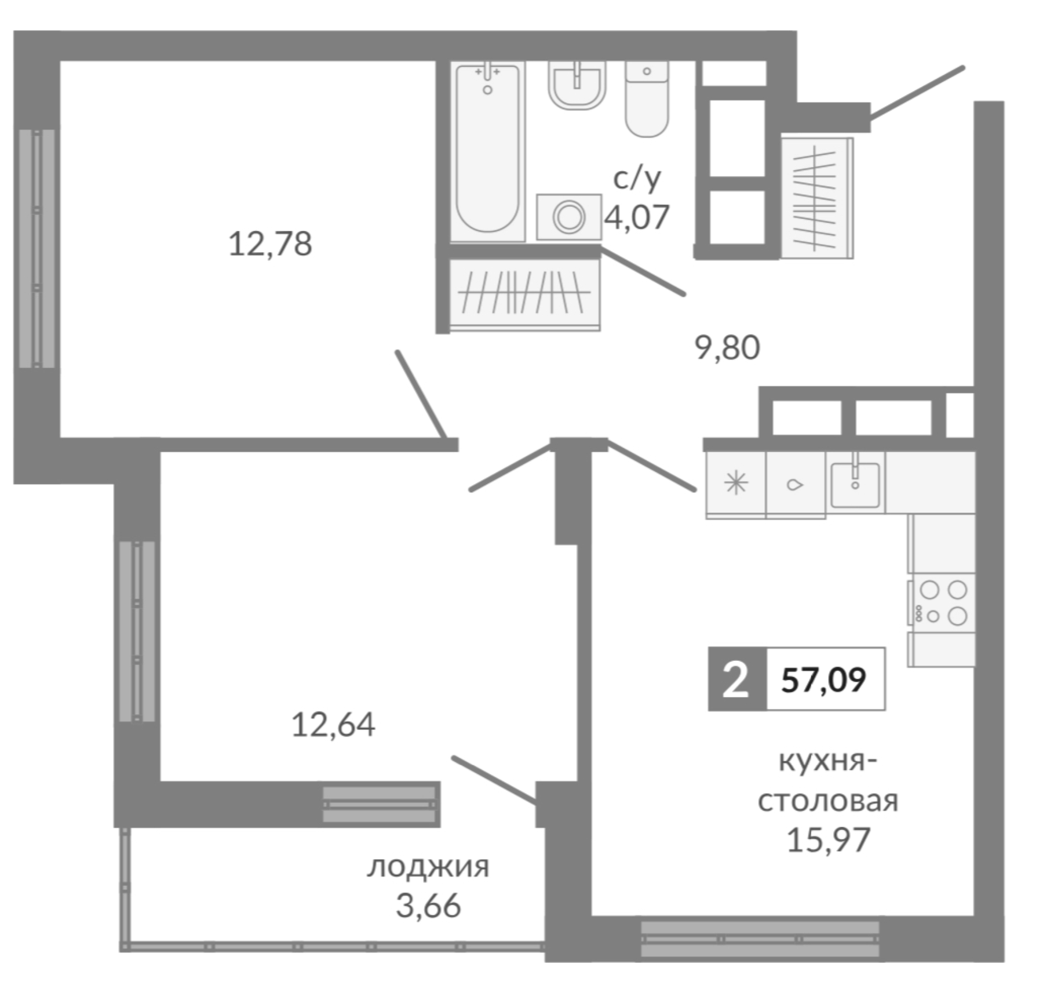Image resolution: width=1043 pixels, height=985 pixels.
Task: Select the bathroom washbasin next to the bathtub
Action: (577, 86)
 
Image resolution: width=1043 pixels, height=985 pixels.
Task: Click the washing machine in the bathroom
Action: (568, 217)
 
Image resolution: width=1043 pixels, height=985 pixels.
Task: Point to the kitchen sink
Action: (855, 482)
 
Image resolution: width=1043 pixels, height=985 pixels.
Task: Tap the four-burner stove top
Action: (942, 603)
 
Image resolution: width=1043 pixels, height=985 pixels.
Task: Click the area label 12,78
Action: (270, 243)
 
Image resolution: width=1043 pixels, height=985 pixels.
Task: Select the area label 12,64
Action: (333, 725)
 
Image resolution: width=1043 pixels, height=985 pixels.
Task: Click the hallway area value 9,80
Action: (727, 348)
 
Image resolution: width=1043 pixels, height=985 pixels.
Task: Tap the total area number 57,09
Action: (823, 679)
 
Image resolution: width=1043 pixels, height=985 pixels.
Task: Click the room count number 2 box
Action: (736, 679)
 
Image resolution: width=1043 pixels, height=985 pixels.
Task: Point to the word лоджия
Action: (428, 867)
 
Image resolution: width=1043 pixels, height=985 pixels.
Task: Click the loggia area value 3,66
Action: (428, 906)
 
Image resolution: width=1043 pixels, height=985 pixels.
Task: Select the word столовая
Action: (828, 801)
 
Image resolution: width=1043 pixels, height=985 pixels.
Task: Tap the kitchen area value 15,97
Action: (828, 839)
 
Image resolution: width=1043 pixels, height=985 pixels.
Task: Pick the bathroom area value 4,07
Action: (637, 217)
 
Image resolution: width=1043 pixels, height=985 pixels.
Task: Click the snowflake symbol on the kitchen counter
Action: (736, 483)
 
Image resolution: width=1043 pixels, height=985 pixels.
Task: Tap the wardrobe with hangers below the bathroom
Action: (524, 295)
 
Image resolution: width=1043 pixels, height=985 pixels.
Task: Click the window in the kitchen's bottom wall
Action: (760, 939)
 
